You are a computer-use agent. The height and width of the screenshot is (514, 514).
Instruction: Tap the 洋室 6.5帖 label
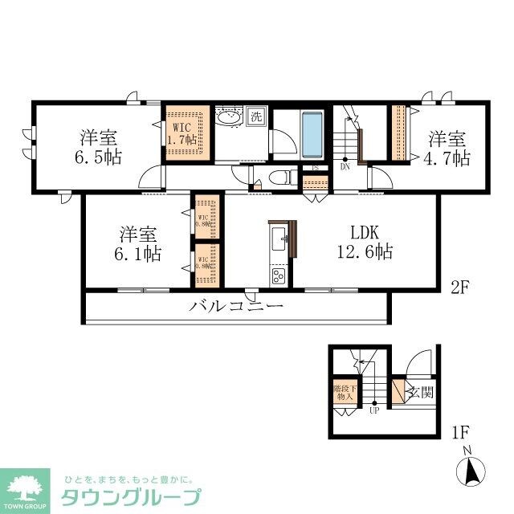point(100,145)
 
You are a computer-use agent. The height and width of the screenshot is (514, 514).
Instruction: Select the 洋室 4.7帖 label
point(447,146)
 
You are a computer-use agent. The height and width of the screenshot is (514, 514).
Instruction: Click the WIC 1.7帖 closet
point(187,133)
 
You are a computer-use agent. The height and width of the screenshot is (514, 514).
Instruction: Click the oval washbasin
point(230,117)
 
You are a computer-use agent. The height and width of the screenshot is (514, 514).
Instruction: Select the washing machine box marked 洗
point(256,116)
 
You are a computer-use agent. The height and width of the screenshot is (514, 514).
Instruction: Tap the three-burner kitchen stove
point(279,276)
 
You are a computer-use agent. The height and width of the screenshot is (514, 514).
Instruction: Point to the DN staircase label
point(345,168)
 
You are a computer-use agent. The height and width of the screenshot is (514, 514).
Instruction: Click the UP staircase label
point(374,412)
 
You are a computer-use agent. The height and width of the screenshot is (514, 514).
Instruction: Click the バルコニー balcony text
point(236,306)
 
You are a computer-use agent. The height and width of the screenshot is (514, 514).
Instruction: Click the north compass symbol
point(471,470)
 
